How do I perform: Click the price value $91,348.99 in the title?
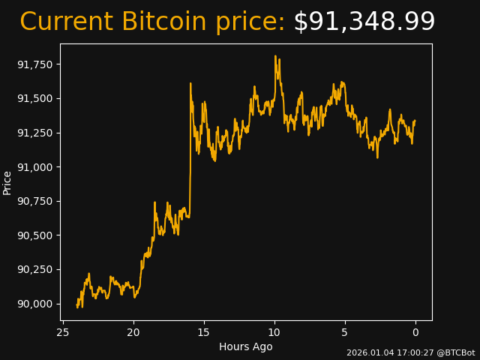364,22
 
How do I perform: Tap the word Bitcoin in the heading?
163,22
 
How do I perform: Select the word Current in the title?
66,22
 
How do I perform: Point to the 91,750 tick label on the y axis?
35,64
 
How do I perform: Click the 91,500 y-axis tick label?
35,99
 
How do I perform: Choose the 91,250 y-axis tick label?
35,133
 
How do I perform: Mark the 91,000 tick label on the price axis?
35,167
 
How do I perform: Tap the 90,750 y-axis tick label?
35,201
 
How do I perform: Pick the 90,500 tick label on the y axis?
35,235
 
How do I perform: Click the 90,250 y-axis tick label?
35,269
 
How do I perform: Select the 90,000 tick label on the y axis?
35,304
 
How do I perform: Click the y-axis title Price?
7,182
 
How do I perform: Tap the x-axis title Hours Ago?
246,346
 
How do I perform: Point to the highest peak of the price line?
275,55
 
